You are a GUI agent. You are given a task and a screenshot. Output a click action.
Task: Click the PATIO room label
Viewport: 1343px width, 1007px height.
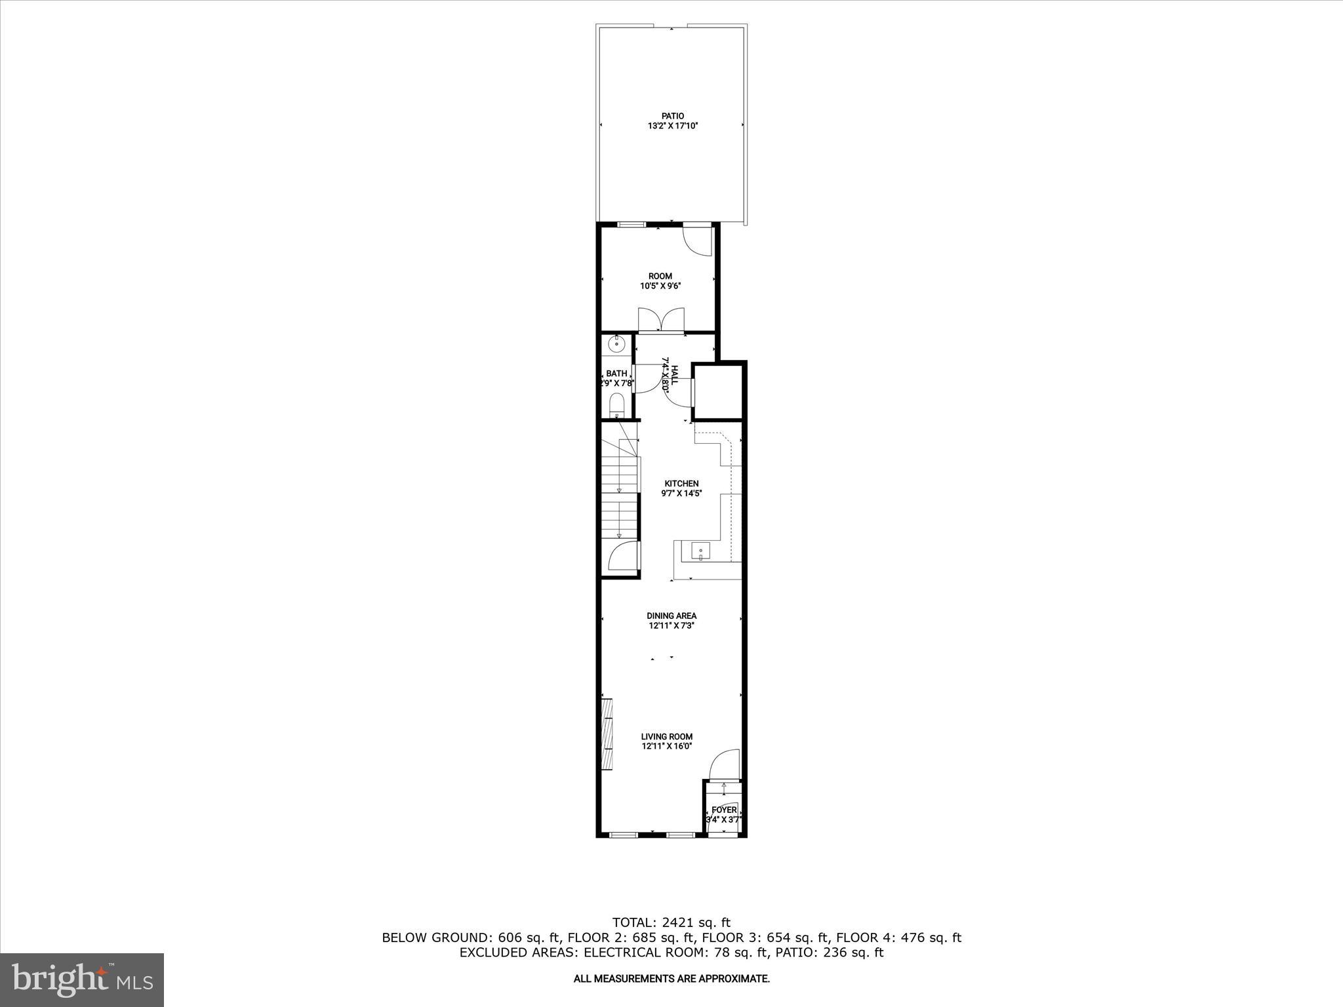click(672, 116)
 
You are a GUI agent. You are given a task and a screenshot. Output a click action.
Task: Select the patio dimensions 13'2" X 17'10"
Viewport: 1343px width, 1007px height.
click(672, 126)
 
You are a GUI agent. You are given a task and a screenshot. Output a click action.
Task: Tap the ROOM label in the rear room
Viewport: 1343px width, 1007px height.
click(660, 276)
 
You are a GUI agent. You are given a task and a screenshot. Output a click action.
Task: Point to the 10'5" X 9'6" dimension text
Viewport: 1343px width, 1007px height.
click(660, 286)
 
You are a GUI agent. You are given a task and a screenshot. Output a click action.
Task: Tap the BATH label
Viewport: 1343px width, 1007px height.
click(616, 374)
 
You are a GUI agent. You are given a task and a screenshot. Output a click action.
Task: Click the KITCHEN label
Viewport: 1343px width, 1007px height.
click(681, 484)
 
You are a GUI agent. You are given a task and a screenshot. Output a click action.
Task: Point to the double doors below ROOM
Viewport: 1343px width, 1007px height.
click(661, 321)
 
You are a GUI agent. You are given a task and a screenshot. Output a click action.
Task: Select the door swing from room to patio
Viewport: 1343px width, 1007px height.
click(698, 241)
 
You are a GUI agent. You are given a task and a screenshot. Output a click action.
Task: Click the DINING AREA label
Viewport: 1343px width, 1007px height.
click(671, 616)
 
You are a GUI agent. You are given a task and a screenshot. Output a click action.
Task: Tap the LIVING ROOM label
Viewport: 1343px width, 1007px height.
click(667, 736)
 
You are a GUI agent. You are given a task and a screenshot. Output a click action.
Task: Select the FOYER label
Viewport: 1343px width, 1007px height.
click(724, 810)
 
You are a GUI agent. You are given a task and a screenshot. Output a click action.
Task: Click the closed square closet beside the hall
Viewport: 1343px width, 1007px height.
click(717, 393)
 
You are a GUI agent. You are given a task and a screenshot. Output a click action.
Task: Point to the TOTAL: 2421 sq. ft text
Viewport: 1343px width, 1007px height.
click(671, 923)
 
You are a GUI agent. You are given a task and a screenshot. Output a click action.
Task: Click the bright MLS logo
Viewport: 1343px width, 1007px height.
click(82, 980)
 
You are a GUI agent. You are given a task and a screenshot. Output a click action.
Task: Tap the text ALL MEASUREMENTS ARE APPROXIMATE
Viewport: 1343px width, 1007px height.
click(671, 979)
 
